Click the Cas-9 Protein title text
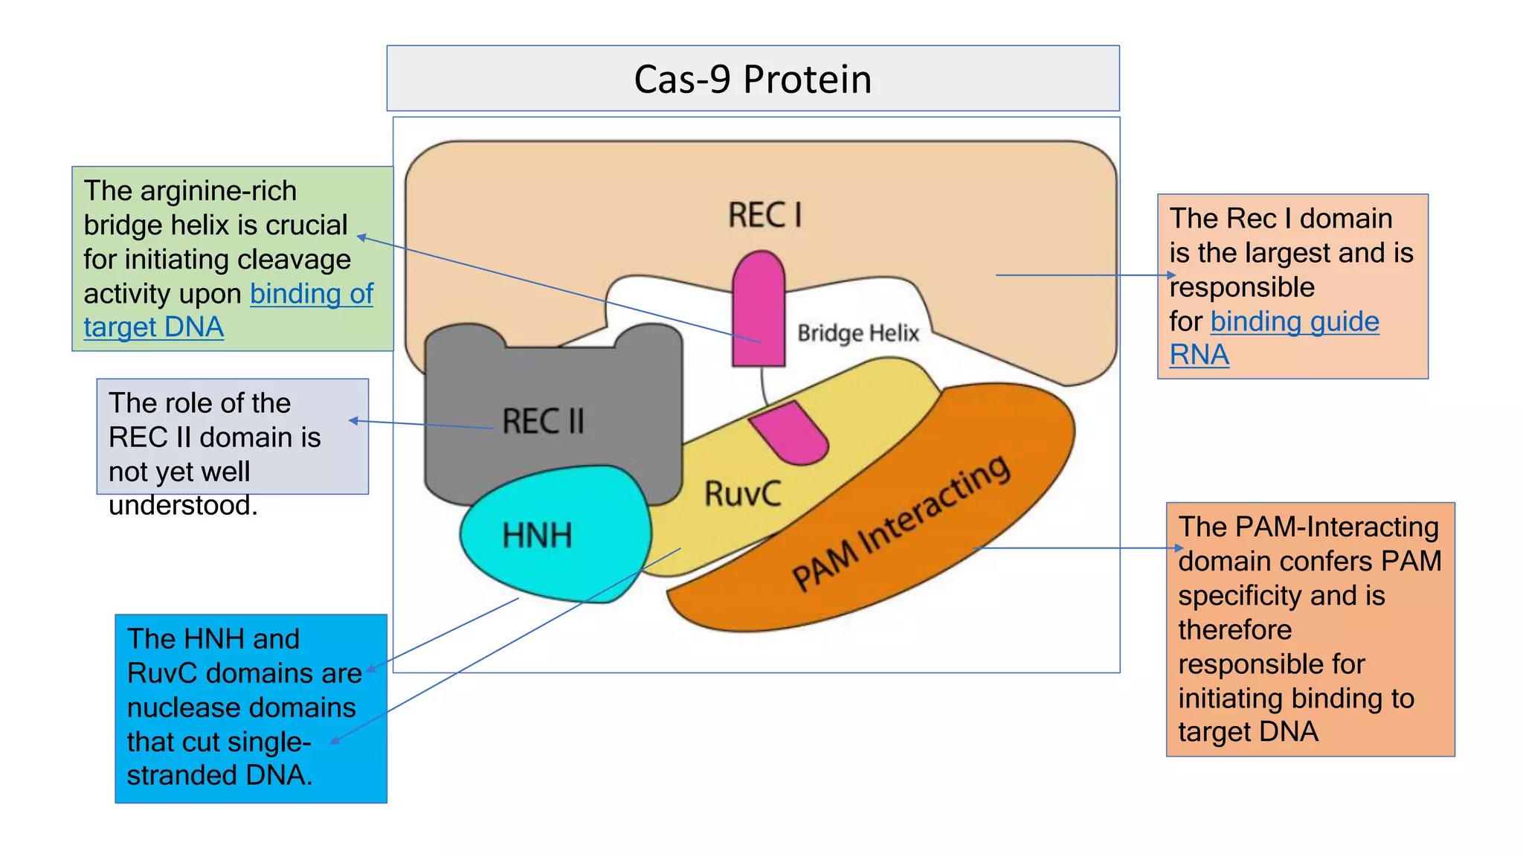(x=753, y=80)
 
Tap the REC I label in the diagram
(x=764, y=215)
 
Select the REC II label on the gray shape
(x=543, y=421)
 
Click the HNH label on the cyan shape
(x=537, y=536)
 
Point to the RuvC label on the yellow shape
(x=742, y=494)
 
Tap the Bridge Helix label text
(x=858, y=333)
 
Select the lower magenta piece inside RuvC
(x=790, y=433)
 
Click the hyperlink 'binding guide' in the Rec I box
(x=1294, y=321)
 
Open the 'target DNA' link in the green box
(x=153, y=327)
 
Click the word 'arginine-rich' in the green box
(x=218, y=191)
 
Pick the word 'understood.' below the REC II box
(x=183, y=506)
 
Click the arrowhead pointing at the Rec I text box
(x=1172, y=275)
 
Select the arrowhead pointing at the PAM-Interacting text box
(x=1179, y=548)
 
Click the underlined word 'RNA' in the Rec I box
(x=1199, y=356)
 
